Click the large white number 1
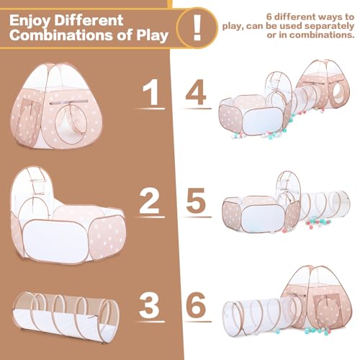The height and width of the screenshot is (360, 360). pyautogui.click(x=151, y=92)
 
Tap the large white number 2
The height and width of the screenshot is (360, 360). pyautogui.click(x=150, y=201)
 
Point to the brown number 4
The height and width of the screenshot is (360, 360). pyautogui.click(x=196, y=92)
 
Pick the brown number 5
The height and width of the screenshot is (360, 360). pyautogui.click(x=196, y=201)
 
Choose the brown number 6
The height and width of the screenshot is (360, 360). pyautogui.click(x=196, y=305)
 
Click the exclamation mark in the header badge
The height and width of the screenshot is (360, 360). pyautogui.click(x=197, y=27)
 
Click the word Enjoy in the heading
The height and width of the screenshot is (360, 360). pyautogui.click(x=30, y=21)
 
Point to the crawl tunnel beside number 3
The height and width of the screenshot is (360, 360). pyautogui.click(x=66, y=317)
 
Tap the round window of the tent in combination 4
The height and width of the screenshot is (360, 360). pyautogui.click(x=338, y=94)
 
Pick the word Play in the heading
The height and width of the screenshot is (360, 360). pyautogui.click(x=153, y=35)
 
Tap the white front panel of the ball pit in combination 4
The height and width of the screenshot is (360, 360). pyautogui.click(x=262, y=121)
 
